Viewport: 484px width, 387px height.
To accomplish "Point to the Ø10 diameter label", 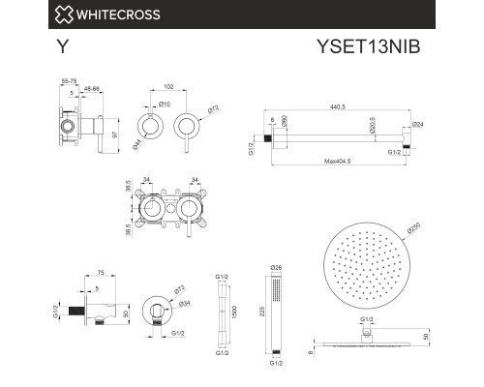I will [164, 104].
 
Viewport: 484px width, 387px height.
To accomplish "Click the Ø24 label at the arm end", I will [417, 125].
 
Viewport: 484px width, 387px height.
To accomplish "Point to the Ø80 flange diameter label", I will [285, 123].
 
